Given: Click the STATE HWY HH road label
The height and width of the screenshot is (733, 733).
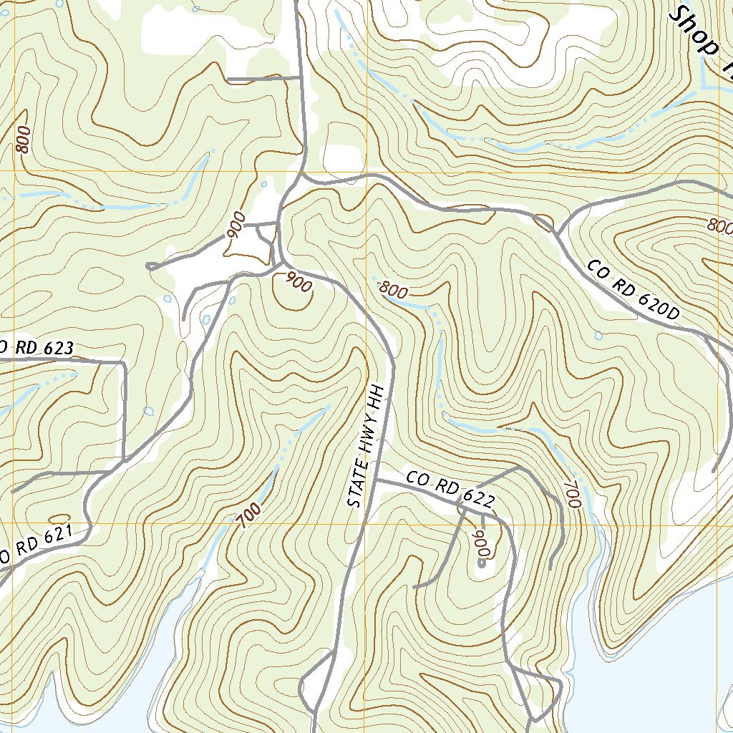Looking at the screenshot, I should point(366,447).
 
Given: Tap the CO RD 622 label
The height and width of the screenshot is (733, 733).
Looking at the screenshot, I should point(450,489).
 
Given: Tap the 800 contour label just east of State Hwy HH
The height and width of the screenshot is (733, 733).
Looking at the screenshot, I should point(393,290).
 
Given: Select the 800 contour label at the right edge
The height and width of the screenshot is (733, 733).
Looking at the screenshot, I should point(722,227).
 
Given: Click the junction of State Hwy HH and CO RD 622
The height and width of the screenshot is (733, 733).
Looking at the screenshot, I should point(377,480).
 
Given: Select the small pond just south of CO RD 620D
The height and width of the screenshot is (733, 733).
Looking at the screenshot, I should point(598,335).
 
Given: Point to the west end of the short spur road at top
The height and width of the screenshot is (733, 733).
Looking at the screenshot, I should point(228,79).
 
